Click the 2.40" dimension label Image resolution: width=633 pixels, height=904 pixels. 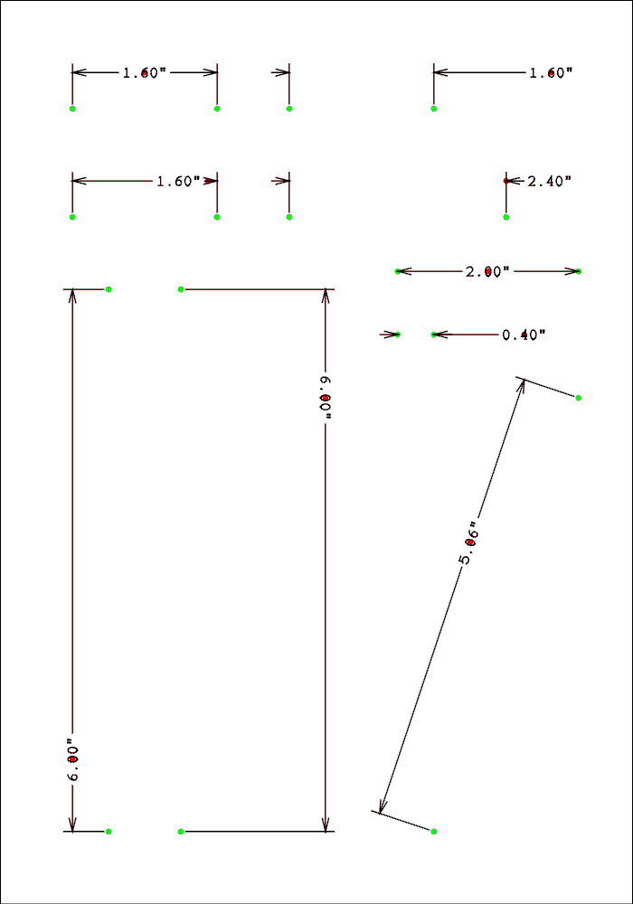click(x=549, y=181)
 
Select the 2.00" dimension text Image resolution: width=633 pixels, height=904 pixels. click(x=487, y=271)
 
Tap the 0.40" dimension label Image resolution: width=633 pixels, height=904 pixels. click(x=524, y=334)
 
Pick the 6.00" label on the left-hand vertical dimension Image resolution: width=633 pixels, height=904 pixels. click(x=72, y=761)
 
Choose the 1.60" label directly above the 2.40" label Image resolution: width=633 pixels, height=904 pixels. click(x=551, y=72)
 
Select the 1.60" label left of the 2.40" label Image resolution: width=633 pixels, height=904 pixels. click(x=178, y=181)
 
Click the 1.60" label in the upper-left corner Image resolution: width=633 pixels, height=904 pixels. click(x=145, y=72)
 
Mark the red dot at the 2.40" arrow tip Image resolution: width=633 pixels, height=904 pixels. click(x=506, y=181)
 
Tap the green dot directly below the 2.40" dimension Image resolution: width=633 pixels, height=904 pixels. click(x=506, y=217)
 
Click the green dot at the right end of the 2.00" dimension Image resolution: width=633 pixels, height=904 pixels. click(x=579, y=271)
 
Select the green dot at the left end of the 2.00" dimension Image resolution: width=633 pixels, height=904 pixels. click(x=398, y=271)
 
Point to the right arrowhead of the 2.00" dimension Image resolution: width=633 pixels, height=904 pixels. click(x=572, y=271)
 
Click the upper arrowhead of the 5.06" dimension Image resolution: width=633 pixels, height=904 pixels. click(x=522, y=384)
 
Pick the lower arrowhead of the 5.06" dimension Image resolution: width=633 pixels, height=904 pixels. click(x=383, y=807)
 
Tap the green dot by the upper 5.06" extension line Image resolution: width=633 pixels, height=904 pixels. click(x=579, y=398)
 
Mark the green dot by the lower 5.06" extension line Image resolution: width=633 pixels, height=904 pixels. click(x=434, y=831)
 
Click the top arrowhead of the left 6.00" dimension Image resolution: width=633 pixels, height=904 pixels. click(x=72, y=295)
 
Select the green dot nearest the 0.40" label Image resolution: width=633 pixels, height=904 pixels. click(x=434, y=334)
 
